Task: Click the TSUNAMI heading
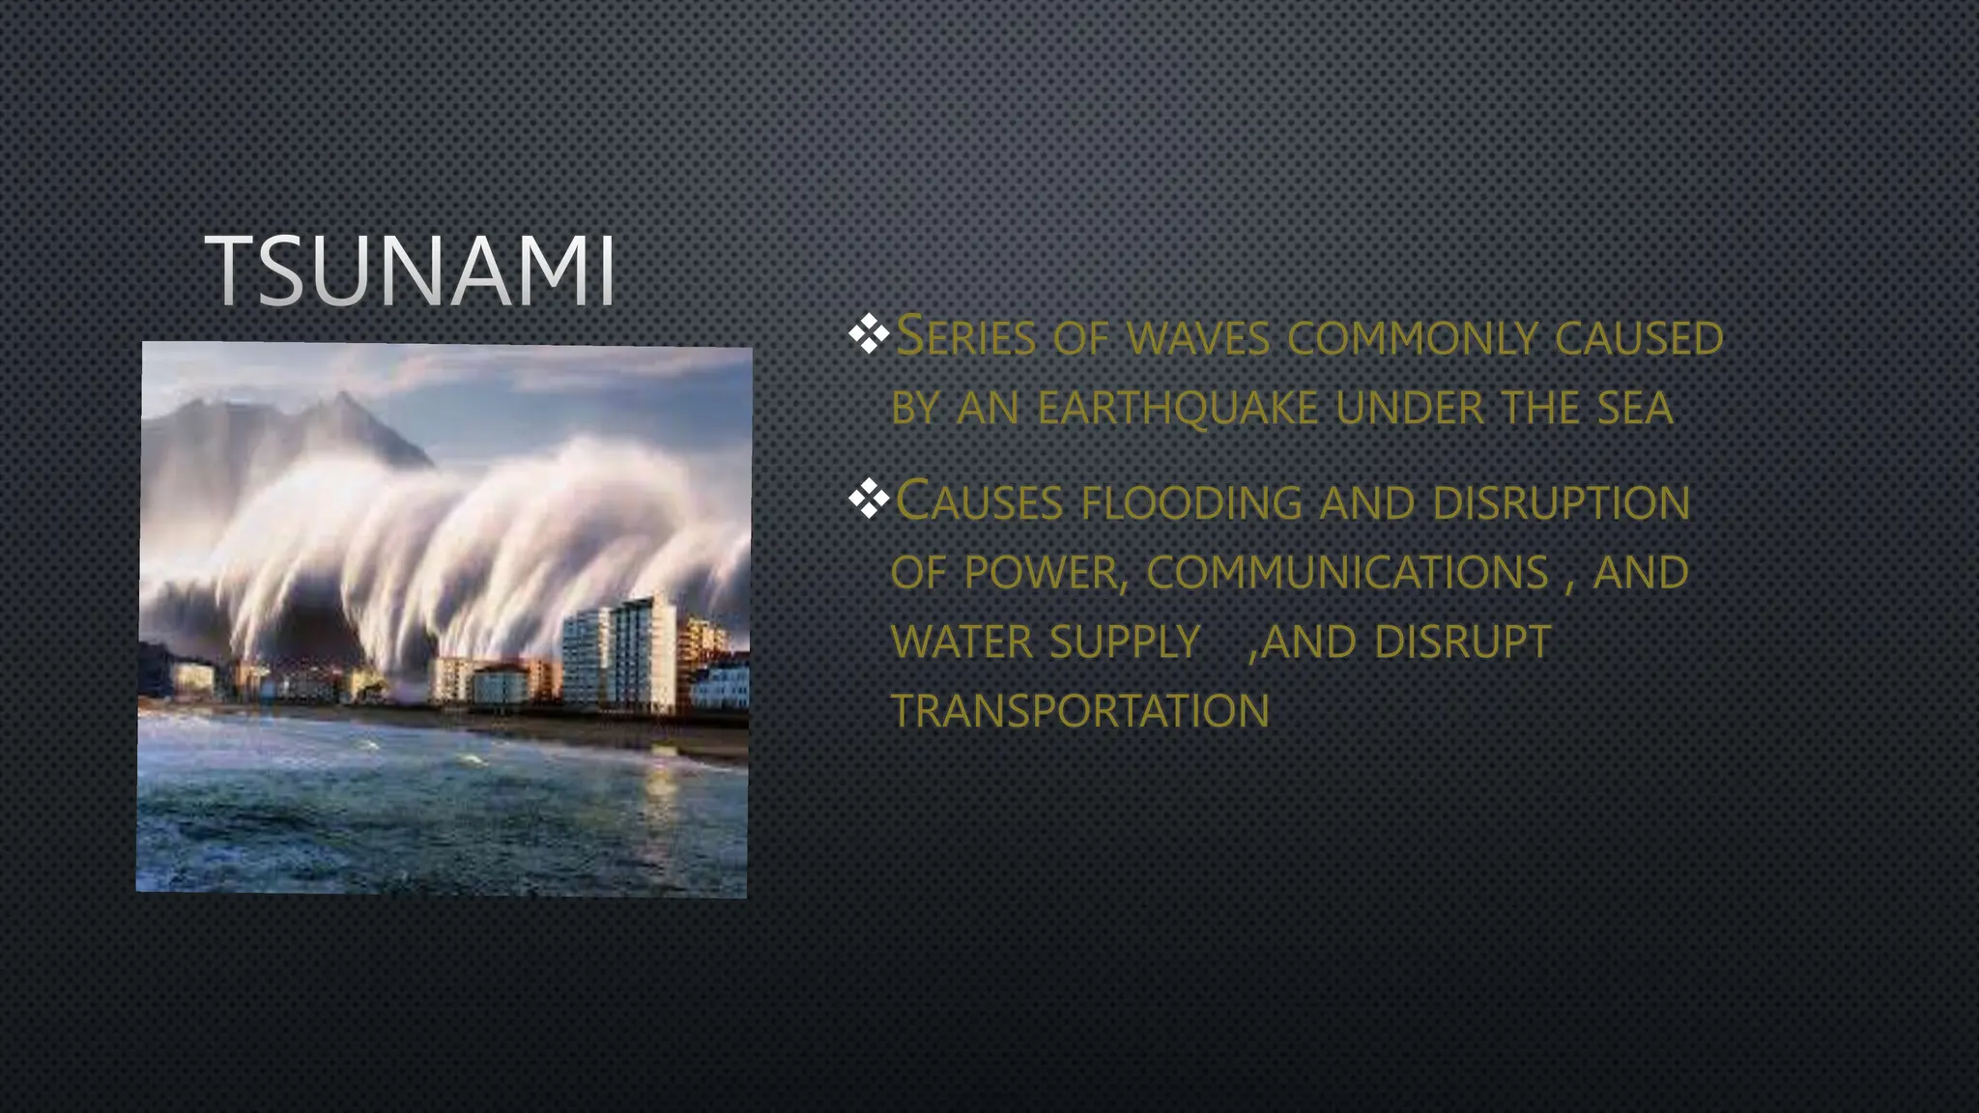(411, 271)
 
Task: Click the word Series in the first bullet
(965, 338)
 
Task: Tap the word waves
(1198, 338)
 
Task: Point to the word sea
(1635, 408)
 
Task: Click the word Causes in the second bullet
(979, 502)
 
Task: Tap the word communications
(1348, 572)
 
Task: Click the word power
(1043, 572)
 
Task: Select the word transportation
(1079, 711)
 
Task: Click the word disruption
(1561, 502)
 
